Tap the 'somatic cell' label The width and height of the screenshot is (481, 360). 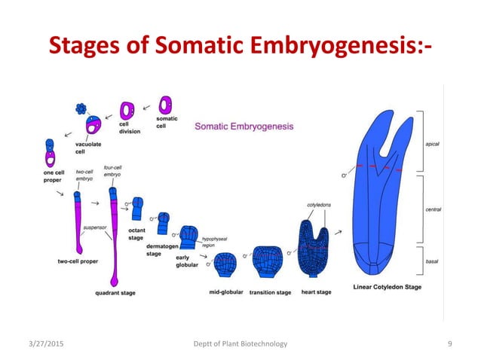(167, 123)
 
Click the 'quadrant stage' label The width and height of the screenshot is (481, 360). (115, 292)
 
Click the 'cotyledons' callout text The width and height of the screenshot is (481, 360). (319, 204)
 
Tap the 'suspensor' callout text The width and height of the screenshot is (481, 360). (93, 225)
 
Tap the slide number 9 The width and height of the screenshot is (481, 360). (449, 343)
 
